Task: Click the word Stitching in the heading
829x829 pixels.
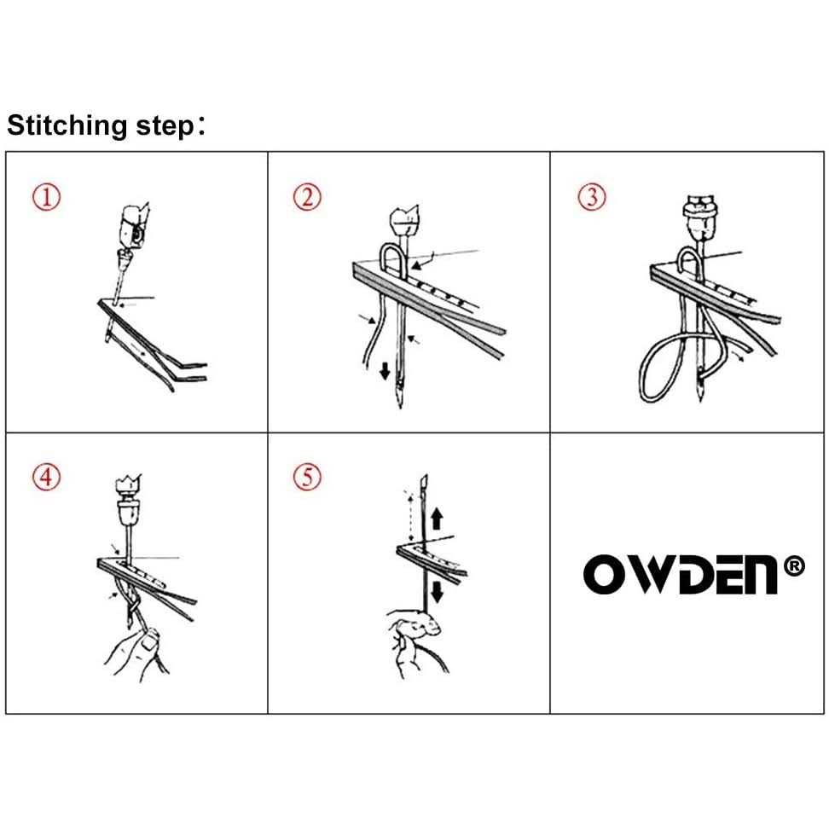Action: coord(67,126)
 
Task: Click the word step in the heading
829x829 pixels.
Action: coord(165,127)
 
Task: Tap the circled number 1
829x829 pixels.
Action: coord(47,197)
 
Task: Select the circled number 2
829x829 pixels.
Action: coord(307,197)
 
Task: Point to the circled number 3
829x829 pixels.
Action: coord(592,197)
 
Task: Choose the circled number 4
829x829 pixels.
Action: coord(47,477)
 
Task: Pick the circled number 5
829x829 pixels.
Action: coord(307,477)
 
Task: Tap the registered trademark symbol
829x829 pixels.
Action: coord(793,566)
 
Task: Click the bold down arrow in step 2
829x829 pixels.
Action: coord(385,371)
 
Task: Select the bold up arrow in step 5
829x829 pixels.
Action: coord(437,519)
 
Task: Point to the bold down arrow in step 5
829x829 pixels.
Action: coord(438,592)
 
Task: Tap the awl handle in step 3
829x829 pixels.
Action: coord(701,217)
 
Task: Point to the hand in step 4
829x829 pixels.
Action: coord(136,653)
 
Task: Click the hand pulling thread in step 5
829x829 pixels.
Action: coord(418,641)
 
